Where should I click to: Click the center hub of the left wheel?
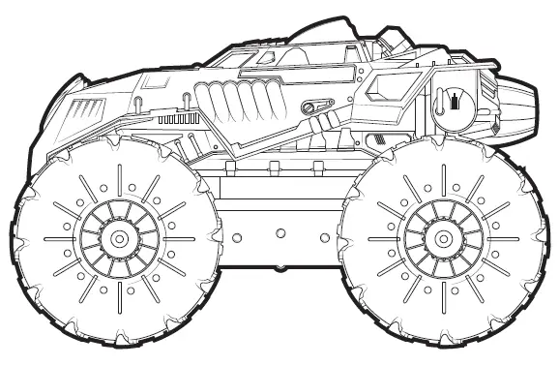[118, 236]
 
